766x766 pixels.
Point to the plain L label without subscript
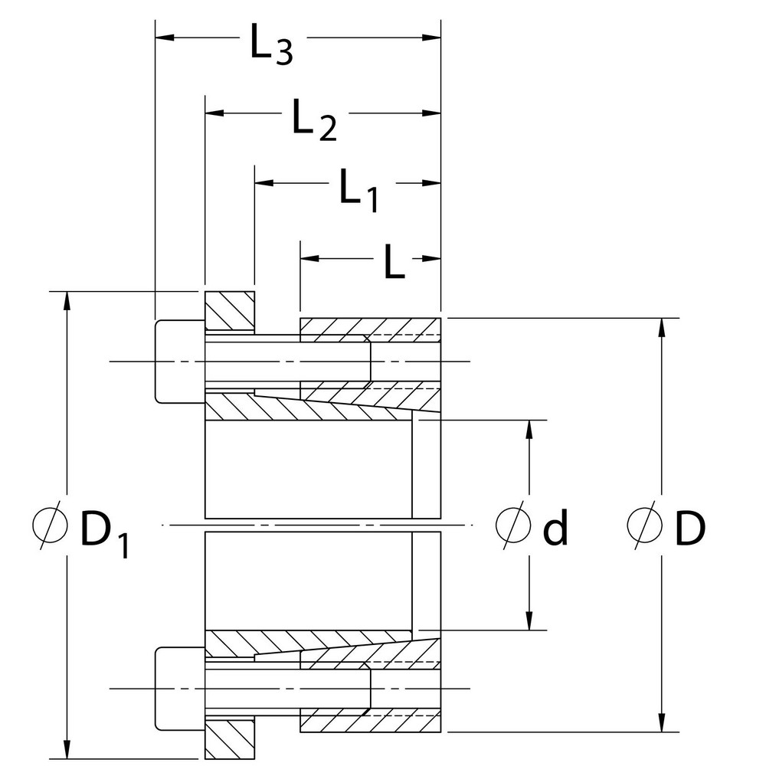[x=394, y=264]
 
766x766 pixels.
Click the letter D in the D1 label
[x=96, y=528]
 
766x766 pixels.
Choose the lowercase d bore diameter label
[x=555, y=528]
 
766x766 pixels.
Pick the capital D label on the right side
[x=689, y=528]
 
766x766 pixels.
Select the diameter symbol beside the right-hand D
[x=642, y=528]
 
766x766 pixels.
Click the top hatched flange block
[x=230, y=312]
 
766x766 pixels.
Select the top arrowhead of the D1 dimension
[x=67, y=301]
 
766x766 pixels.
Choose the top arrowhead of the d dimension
[x=529, y=429]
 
